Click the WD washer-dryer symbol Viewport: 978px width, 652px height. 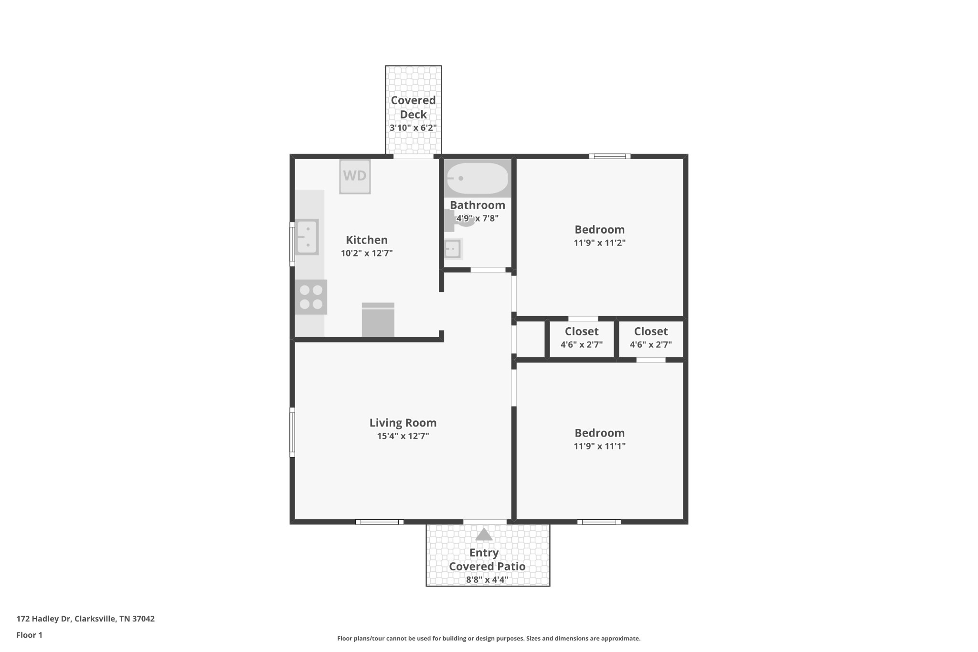[x=355, y=176]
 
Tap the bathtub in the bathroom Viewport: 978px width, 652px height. [x=478, y=178]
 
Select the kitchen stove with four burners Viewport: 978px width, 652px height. [x=311, y=297]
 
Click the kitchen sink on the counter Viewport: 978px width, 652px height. [x=307, y=237]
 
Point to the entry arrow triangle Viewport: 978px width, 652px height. [x=484, y=534]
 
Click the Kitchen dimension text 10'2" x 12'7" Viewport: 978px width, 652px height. [x=367, y=253]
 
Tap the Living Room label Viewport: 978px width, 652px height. [x=403, y=423]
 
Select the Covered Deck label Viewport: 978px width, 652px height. [x=413, y=107]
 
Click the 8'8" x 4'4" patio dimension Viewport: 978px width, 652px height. [x=487, y=580]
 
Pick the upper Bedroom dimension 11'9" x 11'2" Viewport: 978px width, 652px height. [x=600, y=243]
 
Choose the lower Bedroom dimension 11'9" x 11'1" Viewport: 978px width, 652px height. [x=600, y=446]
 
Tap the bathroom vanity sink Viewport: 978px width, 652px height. [x=453, y=249]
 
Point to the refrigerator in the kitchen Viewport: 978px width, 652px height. [x=378, y=320]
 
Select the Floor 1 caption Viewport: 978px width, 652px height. [x=30, y=635]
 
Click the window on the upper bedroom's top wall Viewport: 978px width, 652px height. [x=610, y=156]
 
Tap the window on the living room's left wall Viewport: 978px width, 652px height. [x=292, y=432]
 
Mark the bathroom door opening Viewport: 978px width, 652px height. [x=488, y=270]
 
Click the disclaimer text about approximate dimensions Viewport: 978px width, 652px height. [x=489, y=639]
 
